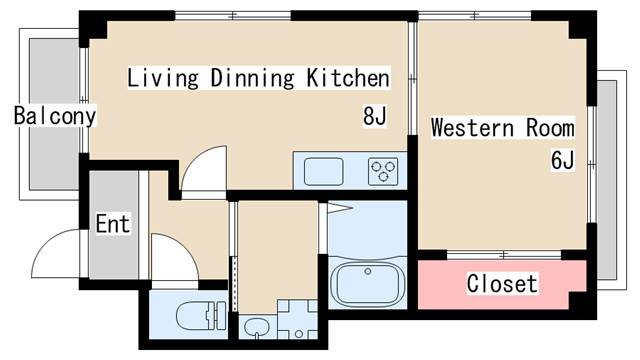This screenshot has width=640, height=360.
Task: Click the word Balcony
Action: [55, 116]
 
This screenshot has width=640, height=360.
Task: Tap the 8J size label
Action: [375, 116]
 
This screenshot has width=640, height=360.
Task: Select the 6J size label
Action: [562, 160]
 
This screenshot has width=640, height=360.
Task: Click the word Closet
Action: [502, 284]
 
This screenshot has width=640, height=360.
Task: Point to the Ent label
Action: [113, 224]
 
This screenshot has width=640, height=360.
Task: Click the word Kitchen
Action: [348, 78]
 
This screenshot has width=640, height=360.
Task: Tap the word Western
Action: [472, 128]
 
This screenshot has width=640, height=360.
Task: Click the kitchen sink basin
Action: [324, 171]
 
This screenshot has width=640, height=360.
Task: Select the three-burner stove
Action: [383, 171]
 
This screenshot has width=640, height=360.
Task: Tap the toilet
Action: [202, 316]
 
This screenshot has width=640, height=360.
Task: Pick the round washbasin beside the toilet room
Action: [256, 328]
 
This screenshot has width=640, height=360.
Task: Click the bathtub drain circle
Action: [368, 271]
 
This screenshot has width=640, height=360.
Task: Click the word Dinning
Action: [252, 78]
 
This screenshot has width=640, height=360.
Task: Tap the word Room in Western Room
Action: [550, 128]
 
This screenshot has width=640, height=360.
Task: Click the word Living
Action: [163, 78]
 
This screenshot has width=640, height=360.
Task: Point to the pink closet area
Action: [502, 284]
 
